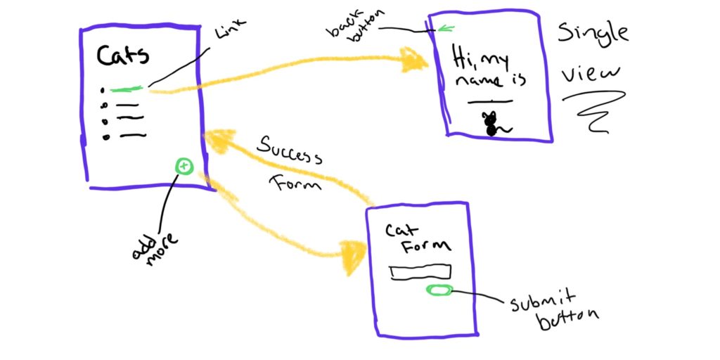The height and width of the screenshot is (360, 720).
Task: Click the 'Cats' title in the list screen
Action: (122, 56)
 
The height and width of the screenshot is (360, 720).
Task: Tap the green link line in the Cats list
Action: (127, 89)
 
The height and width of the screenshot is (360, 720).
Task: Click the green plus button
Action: (184, 166)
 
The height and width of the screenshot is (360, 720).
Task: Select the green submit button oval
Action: (439, 290)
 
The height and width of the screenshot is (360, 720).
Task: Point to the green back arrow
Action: (446, 29)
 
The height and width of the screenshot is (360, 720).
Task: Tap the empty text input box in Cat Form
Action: (420, 271)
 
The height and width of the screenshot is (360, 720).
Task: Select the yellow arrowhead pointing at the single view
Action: (413, 60)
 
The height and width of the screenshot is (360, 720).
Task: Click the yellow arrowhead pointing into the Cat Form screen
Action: (353, 257)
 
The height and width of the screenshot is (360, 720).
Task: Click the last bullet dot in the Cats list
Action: (107, 137)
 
